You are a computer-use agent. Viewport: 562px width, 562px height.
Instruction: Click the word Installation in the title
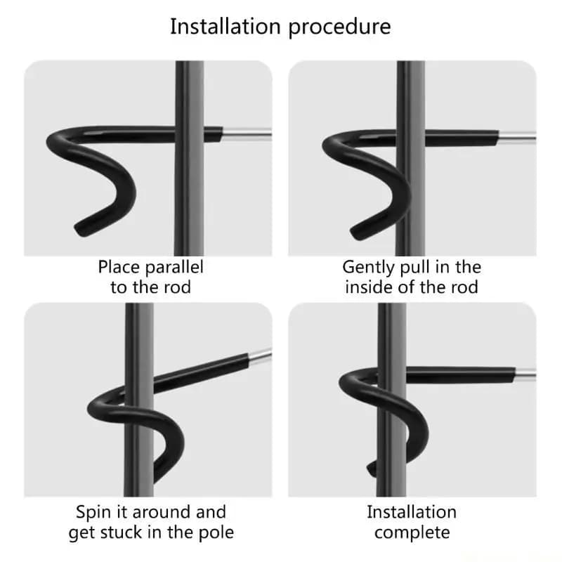(x=225, y=27)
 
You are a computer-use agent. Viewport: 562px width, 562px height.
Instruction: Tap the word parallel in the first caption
(x=174, y=268)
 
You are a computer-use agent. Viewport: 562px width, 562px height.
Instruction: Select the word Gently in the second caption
(x=368, y=268)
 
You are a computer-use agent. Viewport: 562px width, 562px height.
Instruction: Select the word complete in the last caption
(x=412, y=533)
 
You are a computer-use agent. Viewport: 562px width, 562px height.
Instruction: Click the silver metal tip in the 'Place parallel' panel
(x=247, y=134)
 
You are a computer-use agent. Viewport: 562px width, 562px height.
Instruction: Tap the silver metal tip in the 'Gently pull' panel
(x=517, y=138)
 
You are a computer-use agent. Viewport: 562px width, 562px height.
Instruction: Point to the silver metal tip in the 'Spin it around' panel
(x=260, y=356)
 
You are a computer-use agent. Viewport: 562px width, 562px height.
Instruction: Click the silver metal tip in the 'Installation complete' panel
(x=525, y=374)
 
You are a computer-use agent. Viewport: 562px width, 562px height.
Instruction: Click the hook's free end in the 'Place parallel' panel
(x=79, y=230)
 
